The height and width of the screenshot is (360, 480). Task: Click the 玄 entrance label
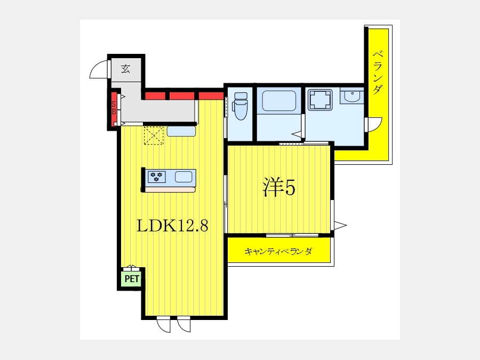tap(125, 69)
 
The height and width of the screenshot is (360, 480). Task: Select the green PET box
tap(132, 279)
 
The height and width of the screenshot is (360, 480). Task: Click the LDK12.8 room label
tap(172, 226)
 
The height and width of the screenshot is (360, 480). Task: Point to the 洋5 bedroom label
tap(279, 187)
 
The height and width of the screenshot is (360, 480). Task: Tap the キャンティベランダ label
tap(278, 251)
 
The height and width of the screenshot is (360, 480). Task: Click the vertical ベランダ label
tap(378, 72)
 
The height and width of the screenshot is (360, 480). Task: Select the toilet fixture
tap(241, 106)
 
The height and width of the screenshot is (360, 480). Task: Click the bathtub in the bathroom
tap(278, 101)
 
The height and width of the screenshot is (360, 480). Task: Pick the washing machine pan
tap(320, 100)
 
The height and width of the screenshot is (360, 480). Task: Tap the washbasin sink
tap(352, 96)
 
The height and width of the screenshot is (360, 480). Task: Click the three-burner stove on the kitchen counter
tap(156, 177)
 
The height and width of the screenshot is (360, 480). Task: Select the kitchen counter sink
tap(183, 177)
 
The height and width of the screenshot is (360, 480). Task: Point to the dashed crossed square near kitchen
tap(154, 135)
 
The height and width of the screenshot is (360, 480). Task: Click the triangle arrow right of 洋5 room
tap(340, 226)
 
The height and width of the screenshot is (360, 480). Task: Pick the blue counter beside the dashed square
tap(181, 131)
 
